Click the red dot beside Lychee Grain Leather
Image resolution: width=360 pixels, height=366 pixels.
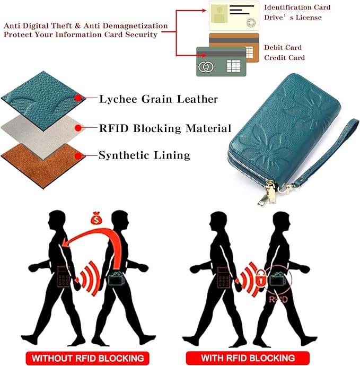coord(78,98)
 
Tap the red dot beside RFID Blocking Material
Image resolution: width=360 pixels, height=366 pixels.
coord(78,128)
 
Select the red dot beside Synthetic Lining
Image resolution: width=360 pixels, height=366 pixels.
coord(78,156)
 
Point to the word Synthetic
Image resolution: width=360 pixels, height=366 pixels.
coord(124,155)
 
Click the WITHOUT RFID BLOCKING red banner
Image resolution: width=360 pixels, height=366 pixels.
coord(87,358)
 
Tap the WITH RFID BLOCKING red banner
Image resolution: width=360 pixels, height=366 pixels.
coord(248,358)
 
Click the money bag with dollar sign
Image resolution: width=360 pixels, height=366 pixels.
coord(96,217)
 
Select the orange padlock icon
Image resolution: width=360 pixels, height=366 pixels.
coord(261,277)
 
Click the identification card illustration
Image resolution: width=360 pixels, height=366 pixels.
coord(234,15)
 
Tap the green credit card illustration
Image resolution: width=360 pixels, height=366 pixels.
coord(221,62)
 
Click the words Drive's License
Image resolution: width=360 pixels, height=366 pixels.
coord(293,18)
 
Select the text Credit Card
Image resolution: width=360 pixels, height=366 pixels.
coord(284,58)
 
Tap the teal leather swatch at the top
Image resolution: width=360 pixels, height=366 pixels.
coord(43,101)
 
